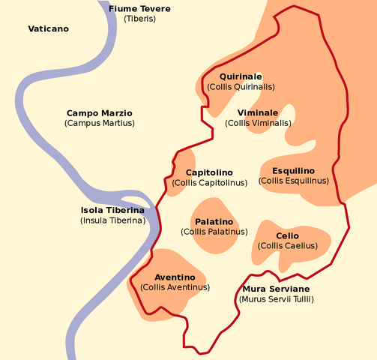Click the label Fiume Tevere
point(139,9)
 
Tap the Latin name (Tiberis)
point(139,19)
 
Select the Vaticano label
point(48,28)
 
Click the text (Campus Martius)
point(100,122)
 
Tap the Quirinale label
point(241,76)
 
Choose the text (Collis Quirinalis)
point(241,87)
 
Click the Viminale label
point(258,112)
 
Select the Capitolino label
point(209,172)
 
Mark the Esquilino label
point(293,171)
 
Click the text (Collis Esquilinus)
point(293,181)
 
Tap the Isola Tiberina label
point(112,211)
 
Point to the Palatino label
point(214,222)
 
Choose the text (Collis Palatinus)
point(214,232)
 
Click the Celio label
point(287,235)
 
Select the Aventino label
point(175,277)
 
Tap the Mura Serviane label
point(276,289)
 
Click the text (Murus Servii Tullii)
point(276,299)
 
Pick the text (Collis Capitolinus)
point(209,182)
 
